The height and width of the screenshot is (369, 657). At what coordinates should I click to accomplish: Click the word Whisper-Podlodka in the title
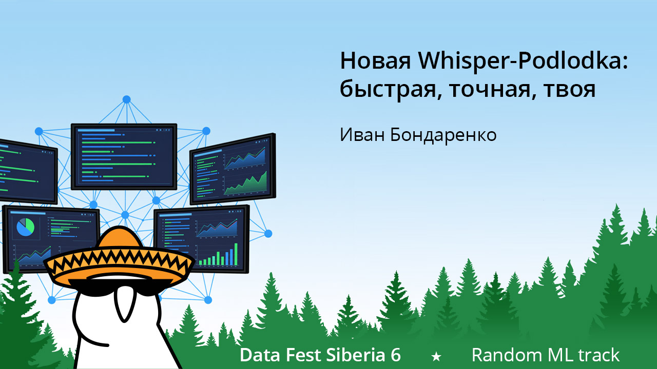tap(524, 62)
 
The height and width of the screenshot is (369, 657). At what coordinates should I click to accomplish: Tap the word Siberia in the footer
tap(349, 355)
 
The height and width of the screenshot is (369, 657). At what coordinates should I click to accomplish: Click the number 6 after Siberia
tap(395, 355)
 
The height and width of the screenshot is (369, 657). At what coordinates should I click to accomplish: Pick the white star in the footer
tap(436, 356)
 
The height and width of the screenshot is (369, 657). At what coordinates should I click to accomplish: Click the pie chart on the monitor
tap(25, 227)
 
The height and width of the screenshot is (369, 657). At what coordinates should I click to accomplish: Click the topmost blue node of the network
tap(126, 99)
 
